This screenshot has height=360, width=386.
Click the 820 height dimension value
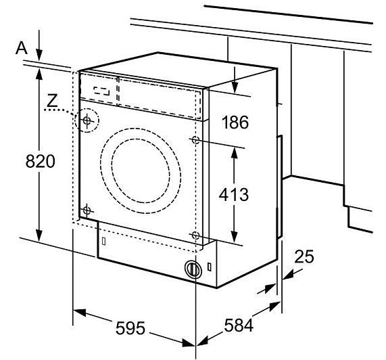point(41,162)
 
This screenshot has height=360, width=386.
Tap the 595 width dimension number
point(130,328)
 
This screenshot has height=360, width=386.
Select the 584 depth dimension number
point(239,325)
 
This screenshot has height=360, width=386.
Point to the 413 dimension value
point(234,194)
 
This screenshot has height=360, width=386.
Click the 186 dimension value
point(235,122)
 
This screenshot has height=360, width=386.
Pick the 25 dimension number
point(304,256)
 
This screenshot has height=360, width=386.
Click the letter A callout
point(22,48)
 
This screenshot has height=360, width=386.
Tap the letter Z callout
point(52,101)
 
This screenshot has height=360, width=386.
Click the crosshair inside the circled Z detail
point(87,120)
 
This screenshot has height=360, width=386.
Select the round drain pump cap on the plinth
point(193,269)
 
